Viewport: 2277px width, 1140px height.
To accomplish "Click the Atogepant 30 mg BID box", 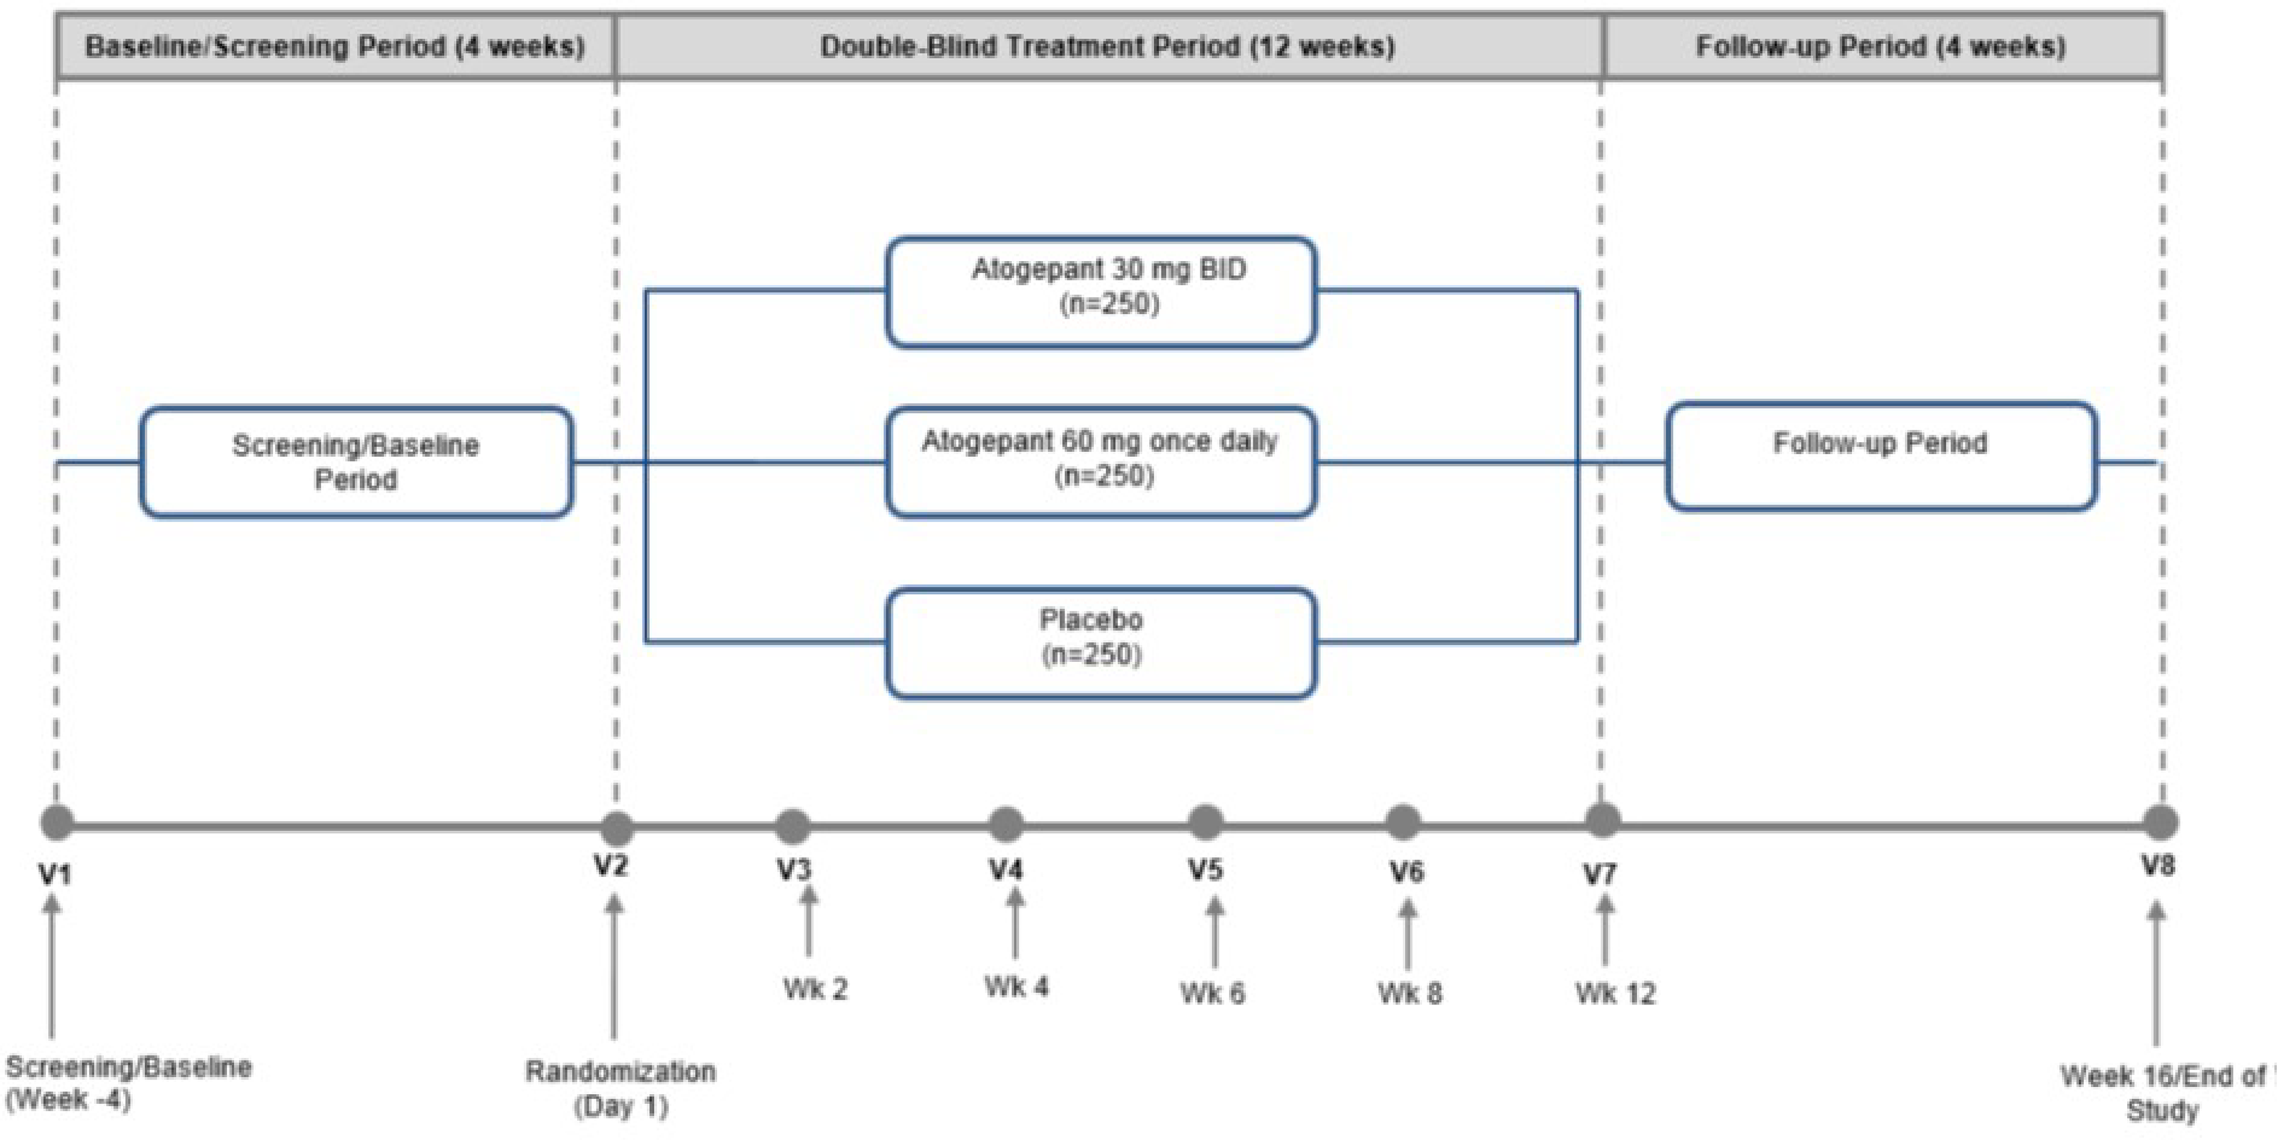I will pyautogui.click(x=1101, y=292).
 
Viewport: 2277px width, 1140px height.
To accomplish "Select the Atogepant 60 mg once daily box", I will pyautogui.click(x=1101, y=461).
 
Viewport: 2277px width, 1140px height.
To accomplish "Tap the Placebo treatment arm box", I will pyautogui.click(x=1101, y=643).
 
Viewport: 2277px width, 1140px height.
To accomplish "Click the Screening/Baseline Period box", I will pyautogui.click(x=356, y=461).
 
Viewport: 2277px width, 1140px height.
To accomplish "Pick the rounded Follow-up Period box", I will pyautogui.click(x=1880, y=456).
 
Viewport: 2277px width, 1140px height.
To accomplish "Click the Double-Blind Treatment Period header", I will pyautogui.click(x=1108, y=46).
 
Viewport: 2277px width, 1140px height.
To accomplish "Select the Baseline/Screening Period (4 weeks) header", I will pyautogui.click(x=335, y=46).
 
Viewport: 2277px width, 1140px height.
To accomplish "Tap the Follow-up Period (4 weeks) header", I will pyautogui.click(x=1881, y=46).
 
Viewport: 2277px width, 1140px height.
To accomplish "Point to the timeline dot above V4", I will pyautogui.click(x=1005, y=824).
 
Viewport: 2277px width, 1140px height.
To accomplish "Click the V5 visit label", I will pyautogui.click(x=1205, y=870).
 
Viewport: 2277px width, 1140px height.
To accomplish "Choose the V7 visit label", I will pyautogui.click(x=1600, y=874).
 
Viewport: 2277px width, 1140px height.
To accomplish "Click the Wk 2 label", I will pyautogui.click(x=815, y=989).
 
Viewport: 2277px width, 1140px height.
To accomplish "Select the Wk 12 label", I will pyautogui.click(x=1615, y=994).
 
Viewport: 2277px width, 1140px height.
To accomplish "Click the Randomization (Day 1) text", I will pyautogui.click(x=621, y=1089).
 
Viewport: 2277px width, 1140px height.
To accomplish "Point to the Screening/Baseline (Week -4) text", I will pyautogui.click(x=128, y=1083).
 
